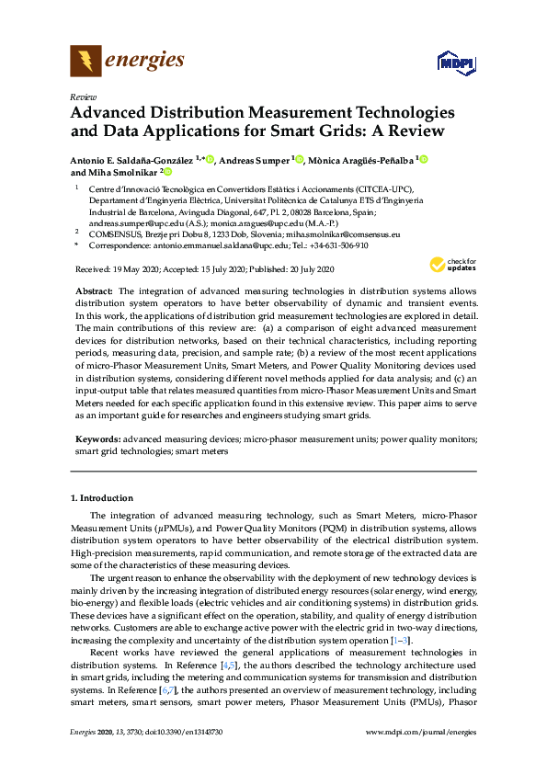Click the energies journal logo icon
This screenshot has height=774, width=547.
[x=86, y=62]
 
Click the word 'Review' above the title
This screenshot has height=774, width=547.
[x=84, y=97]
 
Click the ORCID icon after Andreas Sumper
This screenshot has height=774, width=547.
[x=300, y=159]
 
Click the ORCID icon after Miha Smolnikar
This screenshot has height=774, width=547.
[x=167, y=172]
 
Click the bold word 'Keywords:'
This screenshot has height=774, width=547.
[x=97, y=439]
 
